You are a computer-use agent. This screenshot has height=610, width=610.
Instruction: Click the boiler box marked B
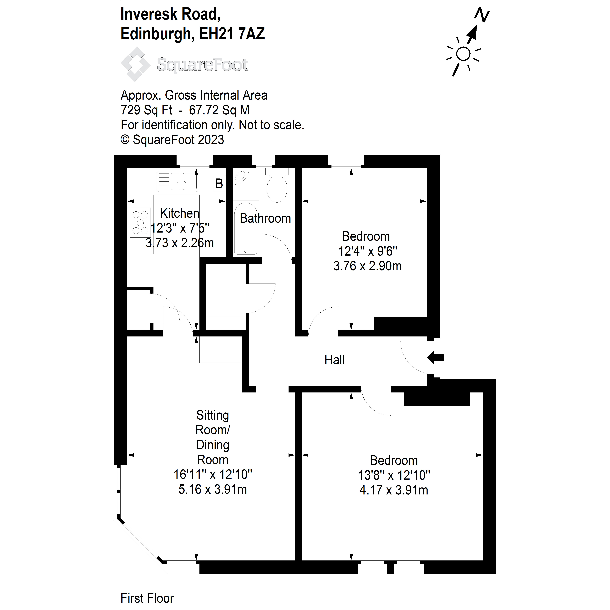[219, 183]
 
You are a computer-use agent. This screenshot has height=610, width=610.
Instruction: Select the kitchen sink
[177, 182]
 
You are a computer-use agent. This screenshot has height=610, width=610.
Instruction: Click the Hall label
[334, 360]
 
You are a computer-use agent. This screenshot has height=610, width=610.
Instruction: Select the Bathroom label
[265, 219]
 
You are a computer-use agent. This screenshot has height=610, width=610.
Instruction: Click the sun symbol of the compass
[463, 54]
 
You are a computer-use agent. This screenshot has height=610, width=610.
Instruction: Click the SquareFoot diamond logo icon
[135, 64]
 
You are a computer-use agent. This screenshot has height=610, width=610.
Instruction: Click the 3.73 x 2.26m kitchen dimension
[180, 243]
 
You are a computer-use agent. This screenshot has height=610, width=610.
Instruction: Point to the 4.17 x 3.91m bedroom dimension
[394, 490]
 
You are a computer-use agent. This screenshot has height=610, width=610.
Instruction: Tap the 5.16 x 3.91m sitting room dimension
[213, 489]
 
